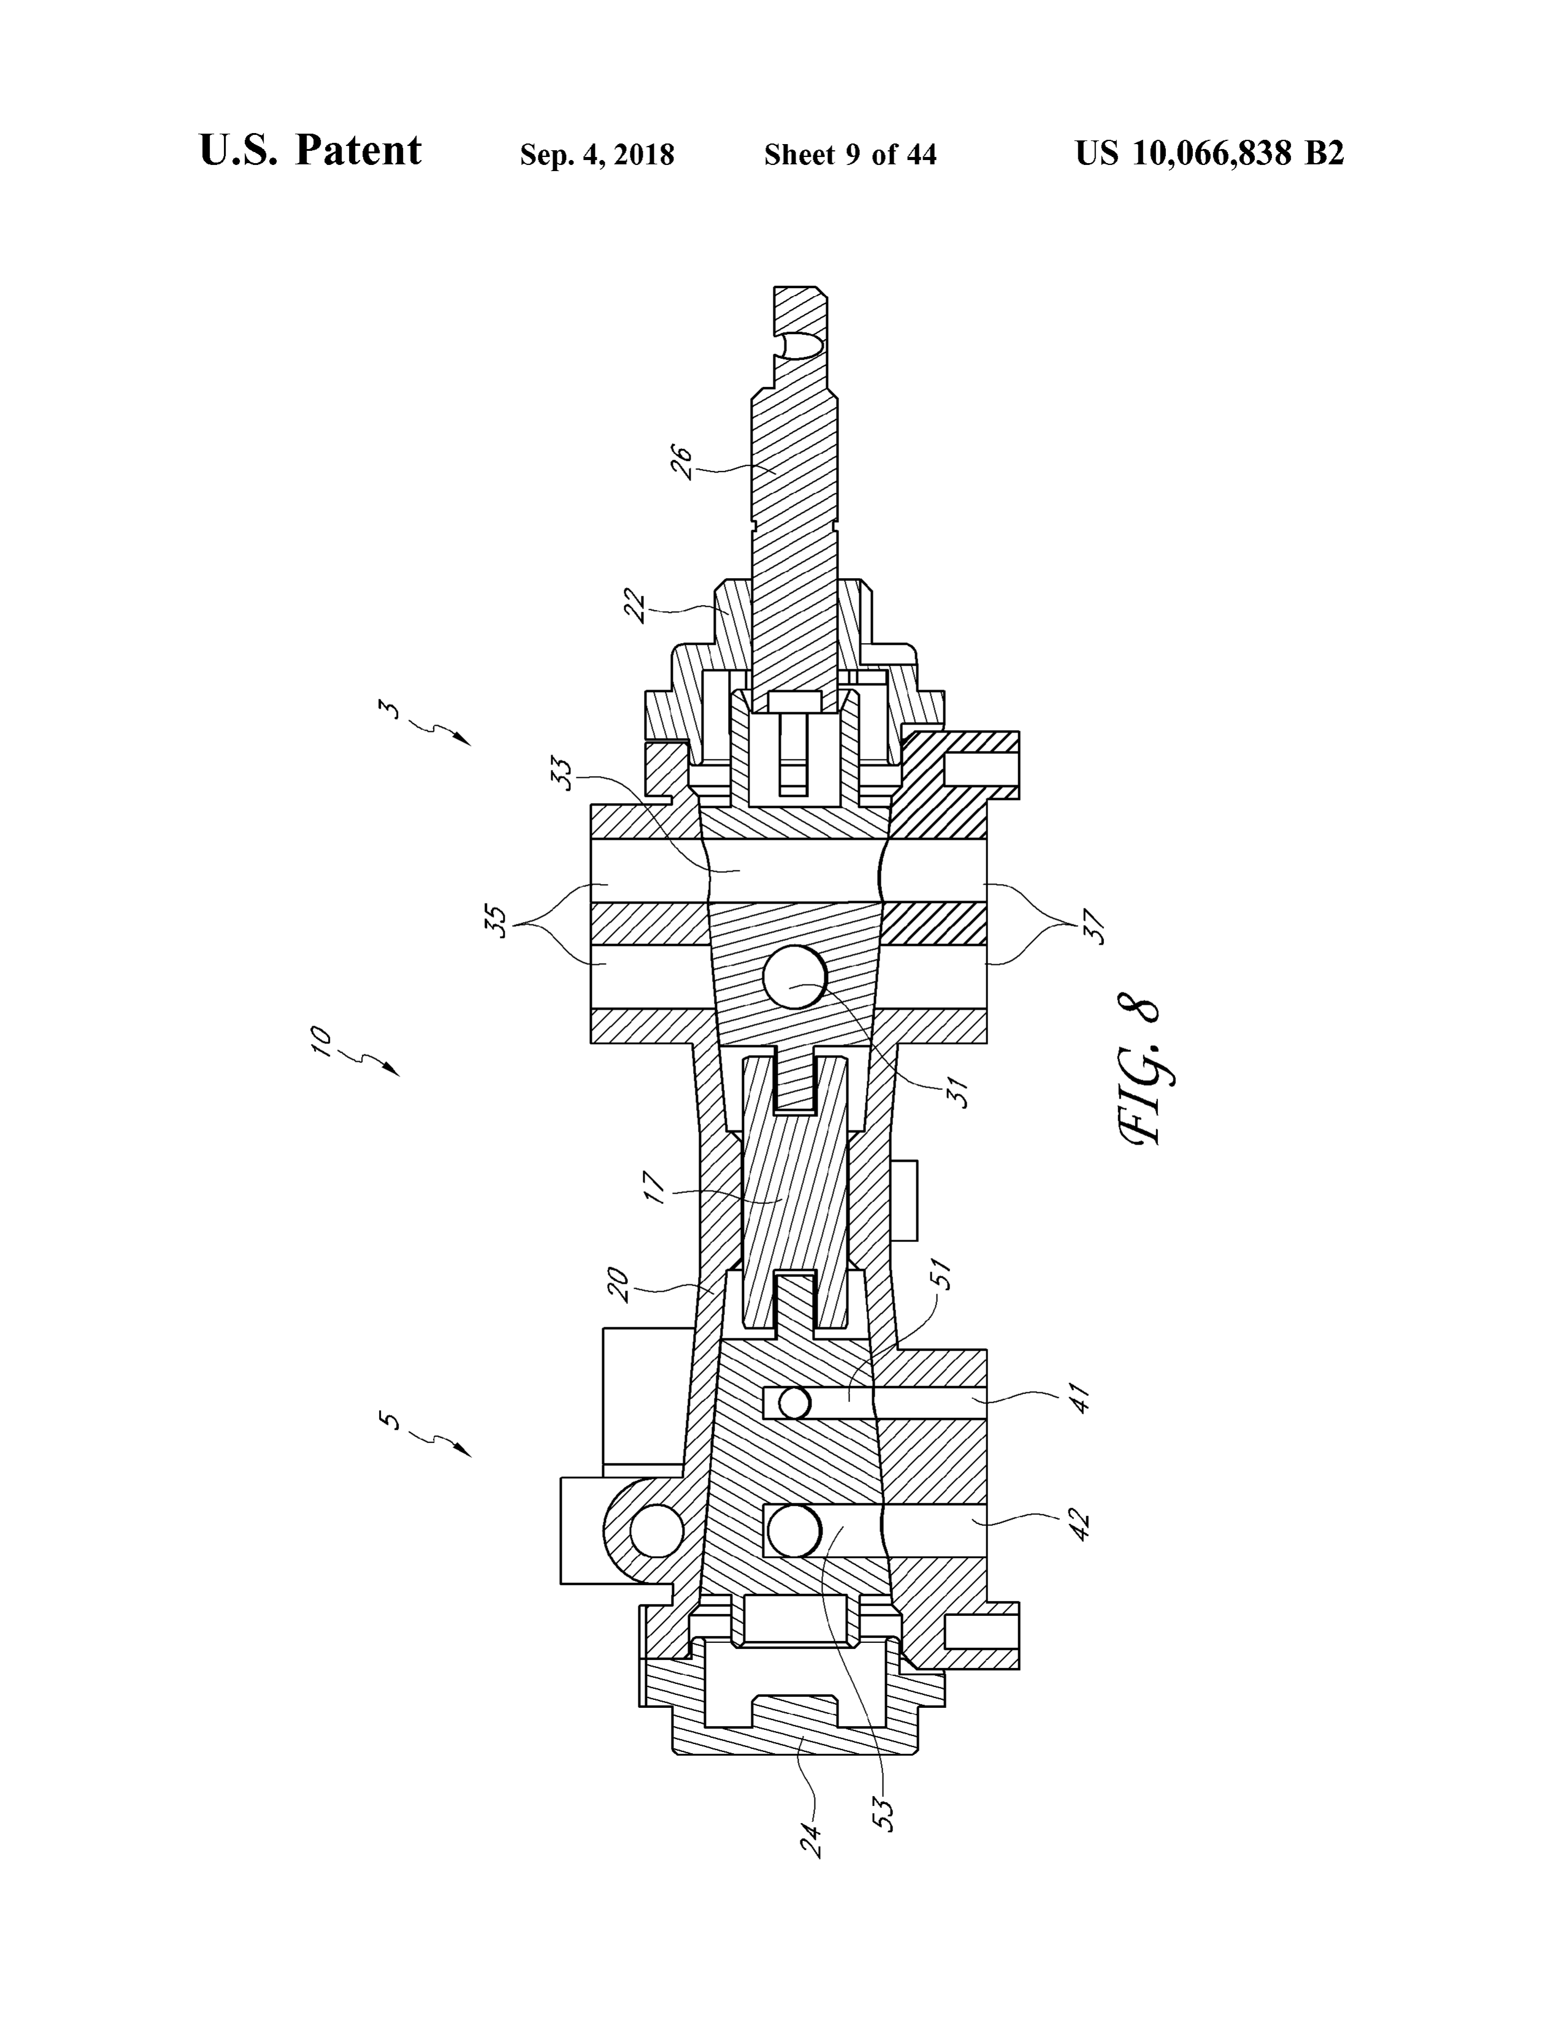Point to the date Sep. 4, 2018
[597, 154]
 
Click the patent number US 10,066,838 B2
[1209, 153]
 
